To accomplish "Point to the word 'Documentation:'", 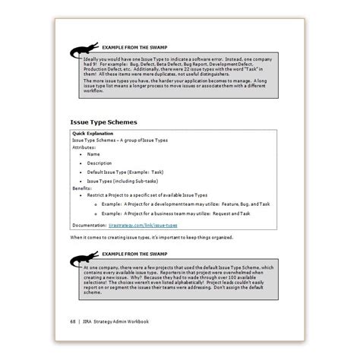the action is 90,225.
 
